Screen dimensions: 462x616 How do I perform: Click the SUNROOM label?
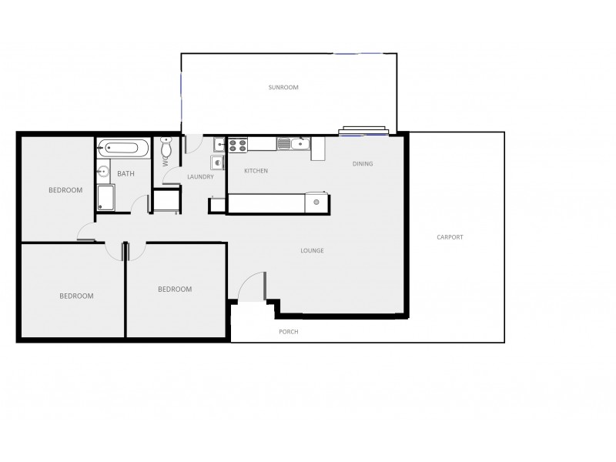(x=283, y=88)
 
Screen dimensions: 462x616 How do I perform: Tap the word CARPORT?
(x=450, y=237)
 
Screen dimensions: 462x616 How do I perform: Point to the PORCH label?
(x=288, y=332)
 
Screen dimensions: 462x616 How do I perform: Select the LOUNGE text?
(x=312, y=251)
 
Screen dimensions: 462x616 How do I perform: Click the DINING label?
(x=363, y=164)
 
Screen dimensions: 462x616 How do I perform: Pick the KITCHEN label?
(x=256, y=171)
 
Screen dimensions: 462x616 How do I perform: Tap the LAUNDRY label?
(x=200, y=177)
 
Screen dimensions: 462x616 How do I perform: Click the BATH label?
(x=126, y=174)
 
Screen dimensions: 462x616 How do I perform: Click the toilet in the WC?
(x=167, y=147)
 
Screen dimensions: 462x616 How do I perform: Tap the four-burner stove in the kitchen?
(x=238, y=143)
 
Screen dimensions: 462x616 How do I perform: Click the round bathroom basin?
(x=103, y=172)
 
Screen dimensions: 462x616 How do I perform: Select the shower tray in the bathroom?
(x=105, y=197)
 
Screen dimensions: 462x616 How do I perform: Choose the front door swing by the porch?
(x=253, y=286)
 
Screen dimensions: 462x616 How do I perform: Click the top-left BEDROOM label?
(x=65, y=190)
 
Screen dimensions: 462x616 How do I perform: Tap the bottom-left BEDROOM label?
(x=76, y=296)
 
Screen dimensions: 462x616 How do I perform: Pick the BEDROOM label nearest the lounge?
(x=175, y=290)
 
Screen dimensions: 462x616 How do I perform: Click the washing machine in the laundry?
(x=217, y=162)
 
